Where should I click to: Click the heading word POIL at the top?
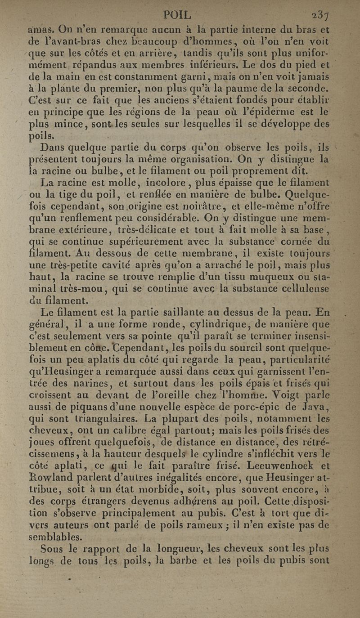pyautogui.click(x=178, y=14)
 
